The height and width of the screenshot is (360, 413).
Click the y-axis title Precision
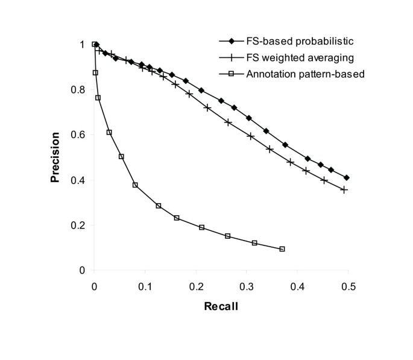click(x=55, y=157)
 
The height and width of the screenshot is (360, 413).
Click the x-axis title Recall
click(x=220, y=306)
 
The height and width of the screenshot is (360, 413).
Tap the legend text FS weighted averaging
click(x=292, y=58)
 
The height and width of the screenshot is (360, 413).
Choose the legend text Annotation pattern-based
click(x=297, y=75)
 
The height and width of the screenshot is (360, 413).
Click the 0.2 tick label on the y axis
click(x=82, y=226)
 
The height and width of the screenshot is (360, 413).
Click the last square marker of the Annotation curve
click(x=282, y=249)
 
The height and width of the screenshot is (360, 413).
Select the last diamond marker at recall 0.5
click(x=347, y=178)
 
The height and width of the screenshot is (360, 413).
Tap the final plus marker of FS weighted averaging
click(x=344, y=189)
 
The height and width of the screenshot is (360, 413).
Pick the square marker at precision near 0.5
click(x=121, y=156)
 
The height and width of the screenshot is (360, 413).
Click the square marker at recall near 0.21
click(x=201, y=227)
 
